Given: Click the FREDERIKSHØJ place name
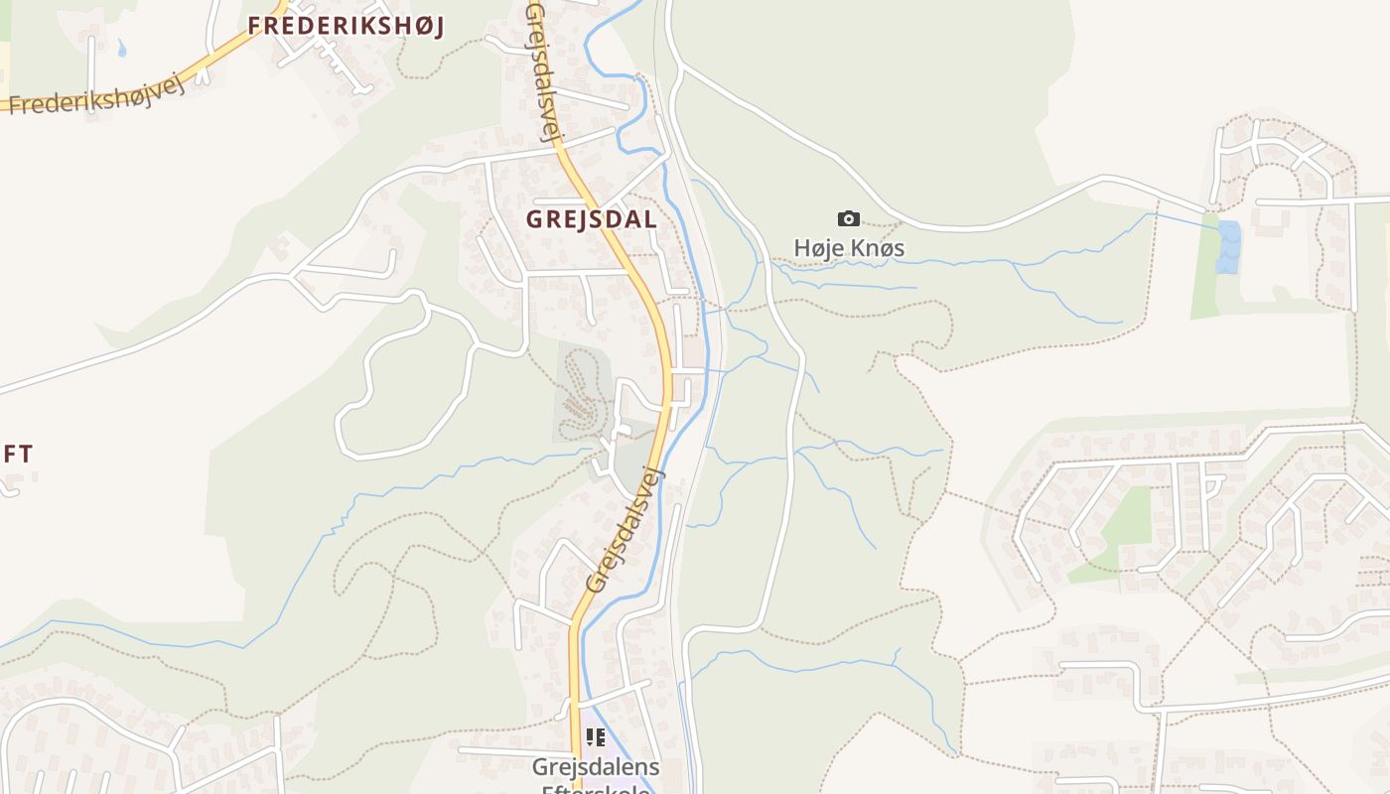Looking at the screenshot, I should click(x=346, y=27).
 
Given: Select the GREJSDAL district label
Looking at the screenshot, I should click(x=592, y=219).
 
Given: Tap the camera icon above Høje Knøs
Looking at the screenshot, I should click(x=849, y=219).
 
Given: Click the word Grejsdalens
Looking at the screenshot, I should click(x=595, y=767).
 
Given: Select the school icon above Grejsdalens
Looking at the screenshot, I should click(x=596, y=737).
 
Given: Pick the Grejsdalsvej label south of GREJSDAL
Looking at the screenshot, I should click(x=625, y=531).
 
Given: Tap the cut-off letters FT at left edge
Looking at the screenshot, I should click(x=17, y=455).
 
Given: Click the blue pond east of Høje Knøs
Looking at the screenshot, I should click(x=1229, y=246).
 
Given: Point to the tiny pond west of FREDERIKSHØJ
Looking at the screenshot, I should click(x=122, y=47).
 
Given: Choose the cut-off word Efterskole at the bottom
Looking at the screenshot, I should click(x=596, y=789).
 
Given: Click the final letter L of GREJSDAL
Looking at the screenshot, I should click(x=649, y=219).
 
